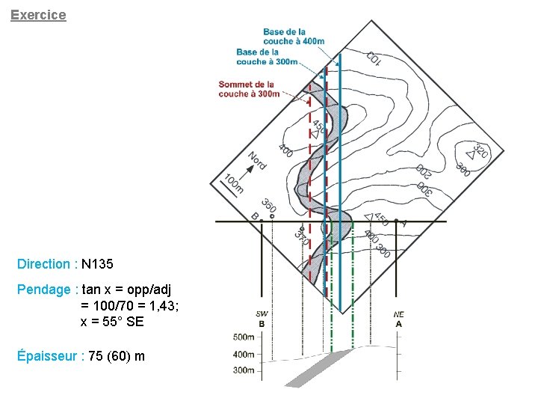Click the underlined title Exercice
tap(38, 15)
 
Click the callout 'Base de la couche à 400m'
tap(294, 37)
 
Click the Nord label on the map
tap(257, 160)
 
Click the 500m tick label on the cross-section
tap(244, 337)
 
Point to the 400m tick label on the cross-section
tap(244, 354)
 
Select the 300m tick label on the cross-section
tap(244, 370)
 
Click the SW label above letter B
tap(262, 315)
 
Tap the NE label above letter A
tap(398, 315)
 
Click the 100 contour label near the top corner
tap(374, 58)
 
